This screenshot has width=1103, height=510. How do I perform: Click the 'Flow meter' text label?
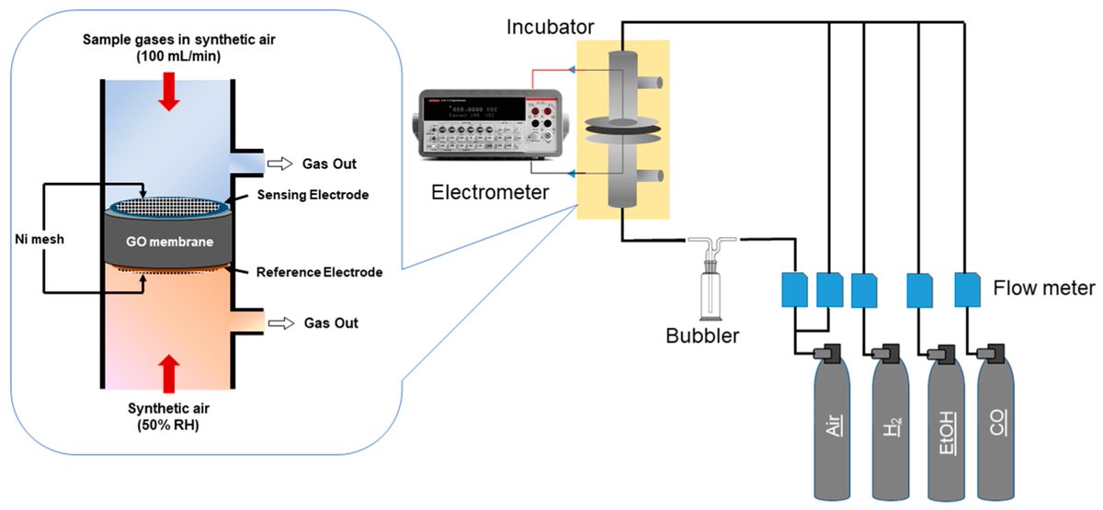(x=1043, y=289)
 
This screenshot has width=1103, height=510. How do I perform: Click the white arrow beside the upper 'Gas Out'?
(x=278, y=164)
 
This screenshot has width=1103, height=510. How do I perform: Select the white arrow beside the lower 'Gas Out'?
(x=278, y=323)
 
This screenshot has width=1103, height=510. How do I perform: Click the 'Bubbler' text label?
(x=703, y=336)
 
